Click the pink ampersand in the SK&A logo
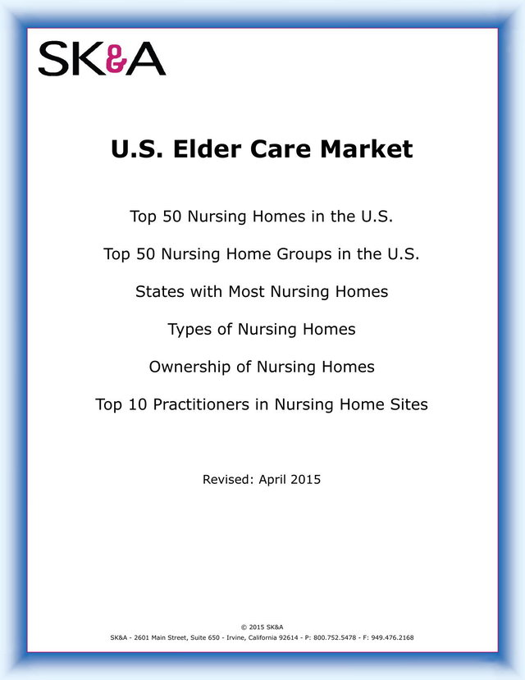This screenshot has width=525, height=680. coord(116,58)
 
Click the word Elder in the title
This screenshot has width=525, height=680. coord(208,149)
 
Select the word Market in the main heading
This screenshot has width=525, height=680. coord(367,149)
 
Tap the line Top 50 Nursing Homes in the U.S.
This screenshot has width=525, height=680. coord(262,217)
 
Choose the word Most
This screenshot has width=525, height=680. coord(246,291)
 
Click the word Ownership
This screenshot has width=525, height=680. coord(189,367)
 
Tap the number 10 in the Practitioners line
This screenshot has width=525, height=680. coord(138,404)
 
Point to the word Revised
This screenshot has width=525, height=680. coord(228,480)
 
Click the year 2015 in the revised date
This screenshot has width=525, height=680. coord(306,480)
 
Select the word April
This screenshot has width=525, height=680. coord(272,480)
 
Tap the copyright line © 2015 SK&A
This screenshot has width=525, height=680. coord(262,627)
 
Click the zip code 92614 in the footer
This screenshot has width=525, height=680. coord(288,637)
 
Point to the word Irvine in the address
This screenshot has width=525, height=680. coord(237,637)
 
